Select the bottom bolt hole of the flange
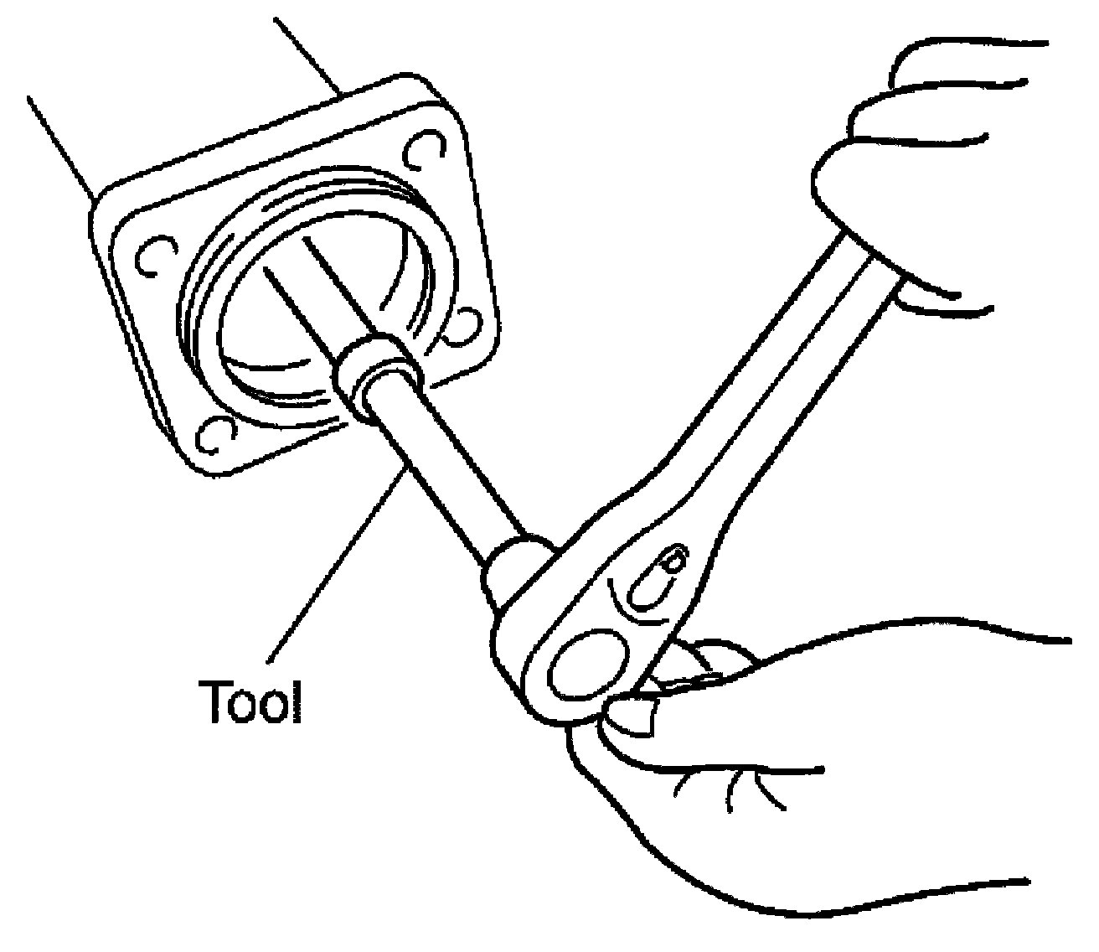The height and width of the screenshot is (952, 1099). (214, 434)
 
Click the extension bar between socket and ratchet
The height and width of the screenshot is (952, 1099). (444, 469)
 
